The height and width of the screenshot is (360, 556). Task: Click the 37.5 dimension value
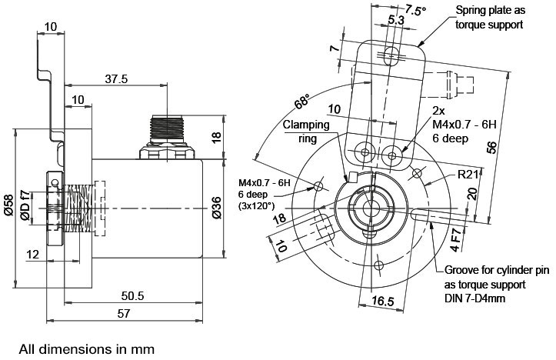(116, 78)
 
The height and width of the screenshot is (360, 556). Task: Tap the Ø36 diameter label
(216, 208)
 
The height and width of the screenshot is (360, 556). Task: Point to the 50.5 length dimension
(132, 295)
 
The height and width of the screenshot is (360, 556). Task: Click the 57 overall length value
(124, 314)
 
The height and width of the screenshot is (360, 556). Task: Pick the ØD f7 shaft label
(25, 205)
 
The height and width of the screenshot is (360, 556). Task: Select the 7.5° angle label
(415, 9)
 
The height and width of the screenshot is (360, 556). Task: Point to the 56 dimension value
(491, 147)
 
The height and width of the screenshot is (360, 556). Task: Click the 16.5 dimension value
(383, 301)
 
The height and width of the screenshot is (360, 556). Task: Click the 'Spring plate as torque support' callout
(490, 17)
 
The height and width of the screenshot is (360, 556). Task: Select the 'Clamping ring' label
(306, 132)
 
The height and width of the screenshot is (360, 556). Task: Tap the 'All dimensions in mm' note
(87, 349)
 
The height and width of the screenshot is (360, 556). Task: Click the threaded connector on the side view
(167, 137)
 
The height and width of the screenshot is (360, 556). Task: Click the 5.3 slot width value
(396, 20)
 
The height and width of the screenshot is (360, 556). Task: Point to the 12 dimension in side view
(32, 255)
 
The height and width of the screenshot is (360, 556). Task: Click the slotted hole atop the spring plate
(391, 55)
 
